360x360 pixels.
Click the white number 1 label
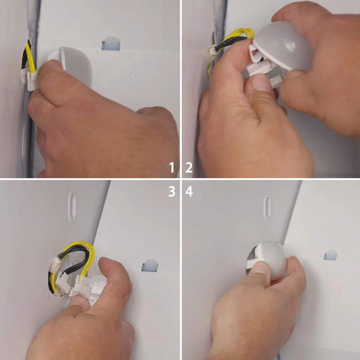tap(172, 167)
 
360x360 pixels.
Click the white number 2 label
tap(189, 167)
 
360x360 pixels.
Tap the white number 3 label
tap(172, 191)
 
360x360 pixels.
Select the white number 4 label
tap(189, 191)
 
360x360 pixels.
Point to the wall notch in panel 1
tap(111, 43)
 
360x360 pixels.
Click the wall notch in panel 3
tap(150, 265)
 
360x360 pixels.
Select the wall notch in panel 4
tap(330, 255)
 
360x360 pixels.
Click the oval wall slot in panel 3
tap(72, 206)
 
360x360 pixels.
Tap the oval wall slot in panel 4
tap(267, 206)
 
